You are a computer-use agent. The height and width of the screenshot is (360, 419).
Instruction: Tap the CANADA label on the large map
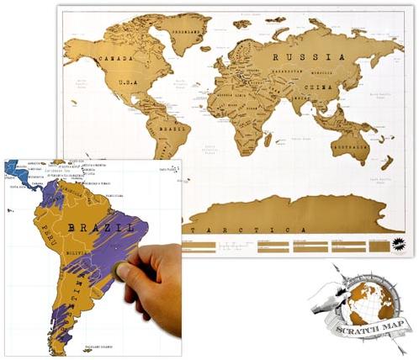click(118, 58)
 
